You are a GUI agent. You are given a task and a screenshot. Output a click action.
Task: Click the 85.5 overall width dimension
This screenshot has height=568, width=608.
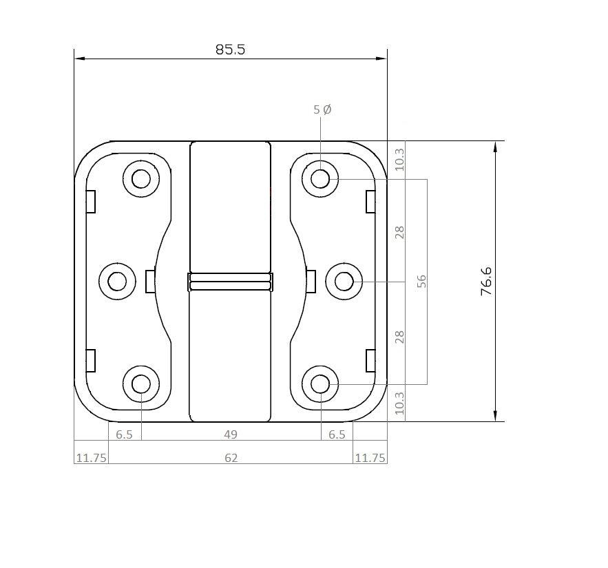230,50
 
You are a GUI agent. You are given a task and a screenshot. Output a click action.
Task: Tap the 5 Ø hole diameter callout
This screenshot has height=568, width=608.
322,109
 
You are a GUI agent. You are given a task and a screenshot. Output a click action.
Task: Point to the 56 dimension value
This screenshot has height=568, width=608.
422,281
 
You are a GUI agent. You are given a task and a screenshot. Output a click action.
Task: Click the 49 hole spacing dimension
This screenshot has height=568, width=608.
231,434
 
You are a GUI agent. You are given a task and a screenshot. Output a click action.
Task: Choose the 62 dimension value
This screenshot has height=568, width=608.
231,457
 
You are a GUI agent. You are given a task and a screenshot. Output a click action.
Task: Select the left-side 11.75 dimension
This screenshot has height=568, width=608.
91,457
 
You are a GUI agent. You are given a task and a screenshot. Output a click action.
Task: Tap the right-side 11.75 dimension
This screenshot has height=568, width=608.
370,457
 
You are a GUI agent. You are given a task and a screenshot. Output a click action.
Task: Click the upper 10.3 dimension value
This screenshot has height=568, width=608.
401,159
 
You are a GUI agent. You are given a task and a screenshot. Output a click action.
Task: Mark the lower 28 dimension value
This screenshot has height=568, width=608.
401,337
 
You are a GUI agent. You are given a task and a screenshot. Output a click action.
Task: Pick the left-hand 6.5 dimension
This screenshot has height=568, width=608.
125,434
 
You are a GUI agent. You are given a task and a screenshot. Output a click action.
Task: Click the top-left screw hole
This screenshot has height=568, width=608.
141,179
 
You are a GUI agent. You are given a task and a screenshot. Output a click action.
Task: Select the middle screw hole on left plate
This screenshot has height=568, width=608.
118,281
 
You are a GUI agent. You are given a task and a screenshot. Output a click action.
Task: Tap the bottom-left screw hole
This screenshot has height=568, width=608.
141,383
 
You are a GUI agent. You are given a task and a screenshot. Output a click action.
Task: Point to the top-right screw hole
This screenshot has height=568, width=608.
320,179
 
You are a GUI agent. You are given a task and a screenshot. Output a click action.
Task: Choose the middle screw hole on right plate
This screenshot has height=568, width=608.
344,281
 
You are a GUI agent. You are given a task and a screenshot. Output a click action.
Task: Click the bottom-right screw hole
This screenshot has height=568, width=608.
320,383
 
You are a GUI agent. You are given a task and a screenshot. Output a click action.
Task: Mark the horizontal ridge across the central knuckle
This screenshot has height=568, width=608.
230,281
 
